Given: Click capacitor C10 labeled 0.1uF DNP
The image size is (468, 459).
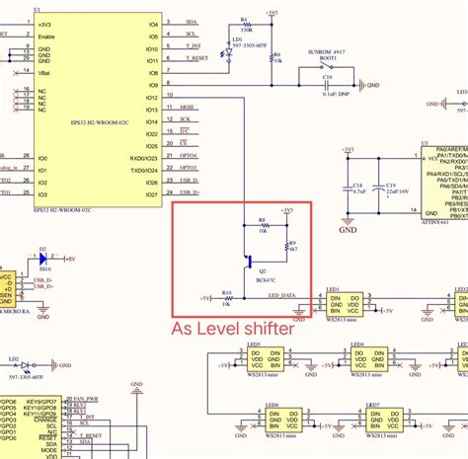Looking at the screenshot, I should (x=329, y=86).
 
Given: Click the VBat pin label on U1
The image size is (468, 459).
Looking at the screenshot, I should (x=46, y=72).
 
